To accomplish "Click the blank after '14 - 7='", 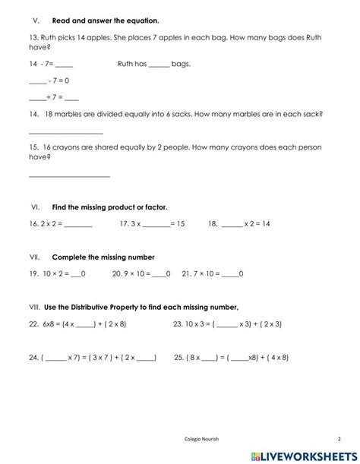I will (x=64, y=65).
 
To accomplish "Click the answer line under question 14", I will (x=65, y=134).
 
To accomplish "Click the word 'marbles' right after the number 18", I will (x=75, y=114).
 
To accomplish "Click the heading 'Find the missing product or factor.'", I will (x=109, y=207).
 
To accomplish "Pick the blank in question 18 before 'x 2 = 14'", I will (x=232, y=226).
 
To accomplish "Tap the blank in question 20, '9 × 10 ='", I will (x=159, y=274).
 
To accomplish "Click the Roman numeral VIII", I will (x=33, y=307).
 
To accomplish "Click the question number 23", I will (x=178, y=324).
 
